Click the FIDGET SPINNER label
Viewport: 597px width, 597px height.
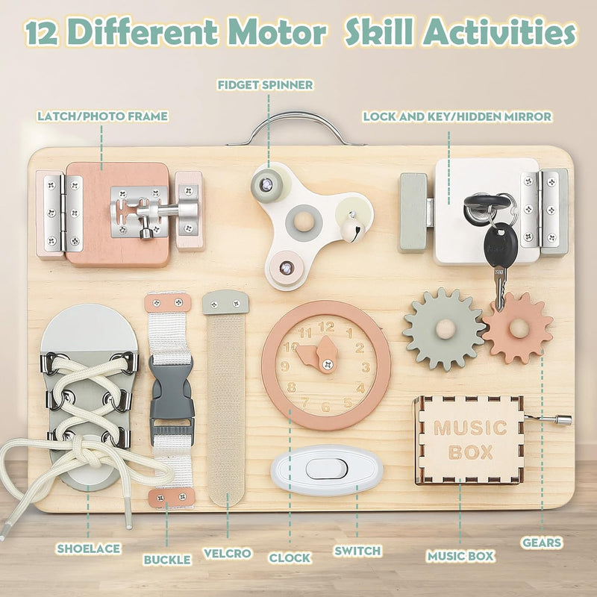265,84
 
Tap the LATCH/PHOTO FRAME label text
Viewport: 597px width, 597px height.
102,116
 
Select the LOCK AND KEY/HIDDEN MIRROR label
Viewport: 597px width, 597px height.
457,116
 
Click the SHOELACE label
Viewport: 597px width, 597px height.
88,548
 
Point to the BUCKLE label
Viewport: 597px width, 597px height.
167,558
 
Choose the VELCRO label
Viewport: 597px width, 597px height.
227,554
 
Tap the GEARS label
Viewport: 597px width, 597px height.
543,543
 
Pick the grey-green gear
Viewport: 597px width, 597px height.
443,328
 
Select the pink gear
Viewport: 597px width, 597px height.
517,328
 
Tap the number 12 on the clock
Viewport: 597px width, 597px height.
326,325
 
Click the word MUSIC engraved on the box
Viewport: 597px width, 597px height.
469,428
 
